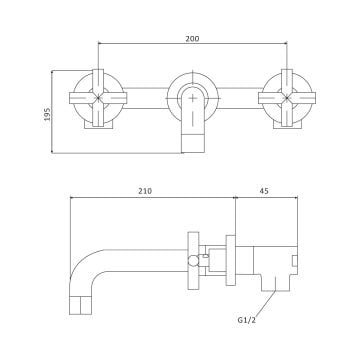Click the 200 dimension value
point(192,39)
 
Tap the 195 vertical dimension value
point(47,114)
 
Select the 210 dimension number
point(145,191)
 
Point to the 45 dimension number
point(264,191)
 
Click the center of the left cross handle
point(98,98)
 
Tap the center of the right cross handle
point(287,98)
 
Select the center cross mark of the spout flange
point(193,98)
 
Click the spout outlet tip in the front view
point(193,143)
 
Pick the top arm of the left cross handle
point(98,81)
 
